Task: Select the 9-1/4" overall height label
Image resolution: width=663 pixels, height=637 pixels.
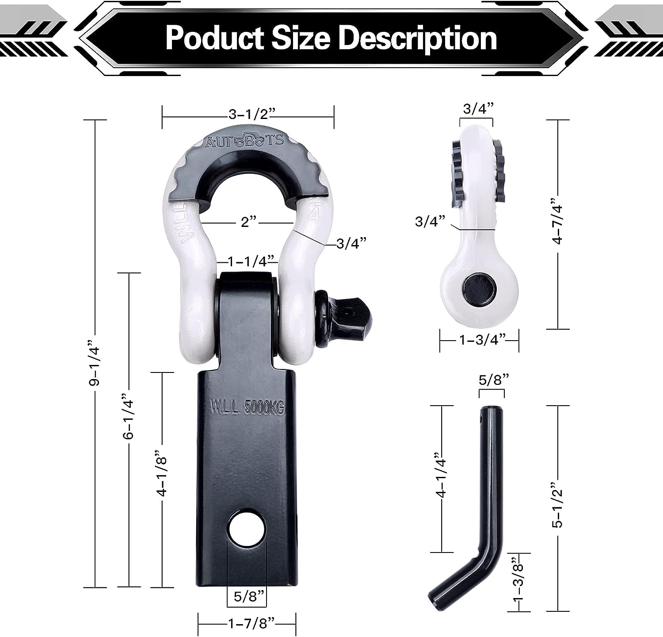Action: (x=94, y=363)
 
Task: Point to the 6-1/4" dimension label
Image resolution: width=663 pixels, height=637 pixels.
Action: (x=128, y=416)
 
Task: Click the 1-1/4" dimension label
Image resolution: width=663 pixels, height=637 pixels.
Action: (x=251, y=261)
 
